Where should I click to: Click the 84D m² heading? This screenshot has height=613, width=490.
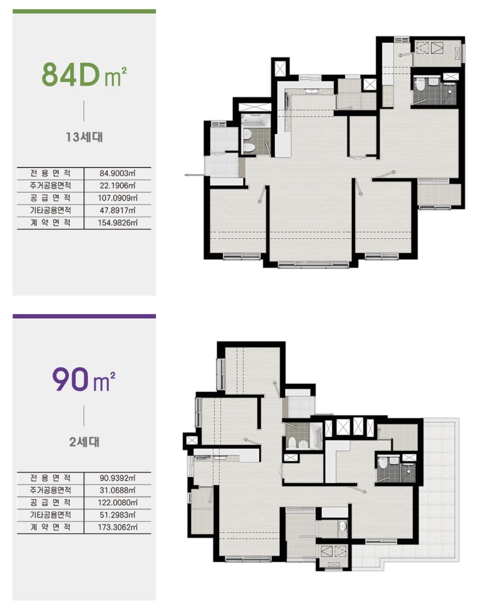(x=84, y=74)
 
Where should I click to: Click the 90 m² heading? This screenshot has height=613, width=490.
(x=84, y=379)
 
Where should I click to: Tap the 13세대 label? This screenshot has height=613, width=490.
(x=84, y=137)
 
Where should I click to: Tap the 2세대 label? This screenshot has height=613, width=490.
(x=84, y=442)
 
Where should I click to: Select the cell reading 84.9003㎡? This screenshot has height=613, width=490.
(x=118, y=173)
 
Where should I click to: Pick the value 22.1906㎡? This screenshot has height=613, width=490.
(x=118, y=186)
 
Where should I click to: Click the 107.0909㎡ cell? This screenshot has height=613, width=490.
(x=118, y=198)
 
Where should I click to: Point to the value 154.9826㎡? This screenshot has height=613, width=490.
(x=118, y=223)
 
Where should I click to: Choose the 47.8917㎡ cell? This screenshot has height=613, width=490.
(x=118, y=210)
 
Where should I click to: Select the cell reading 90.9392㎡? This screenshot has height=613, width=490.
(x=118, y=478)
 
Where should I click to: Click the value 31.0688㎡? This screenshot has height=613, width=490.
(x=118, y=490)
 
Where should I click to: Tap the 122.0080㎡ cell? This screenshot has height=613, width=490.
(x=118, y=503)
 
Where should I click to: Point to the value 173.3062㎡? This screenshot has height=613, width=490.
(x=118, y=527)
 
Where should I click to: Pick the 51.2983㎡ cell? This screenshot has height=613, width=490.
(x=118, y=515)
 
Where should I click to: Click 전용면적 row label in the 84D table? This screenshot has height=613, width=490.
(x=50, y=173)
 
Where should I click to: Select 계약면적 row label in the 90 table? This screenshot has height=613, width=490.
(x=50, y=527)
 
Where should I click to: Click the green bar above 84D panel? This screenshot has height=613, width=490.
(x=84, y=12)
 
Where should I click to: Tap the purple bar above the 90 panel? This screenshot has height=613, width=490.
(x=84, y=316)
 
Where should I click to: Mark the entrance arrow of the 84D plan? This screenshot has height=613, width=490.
(x=194, y=175)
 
